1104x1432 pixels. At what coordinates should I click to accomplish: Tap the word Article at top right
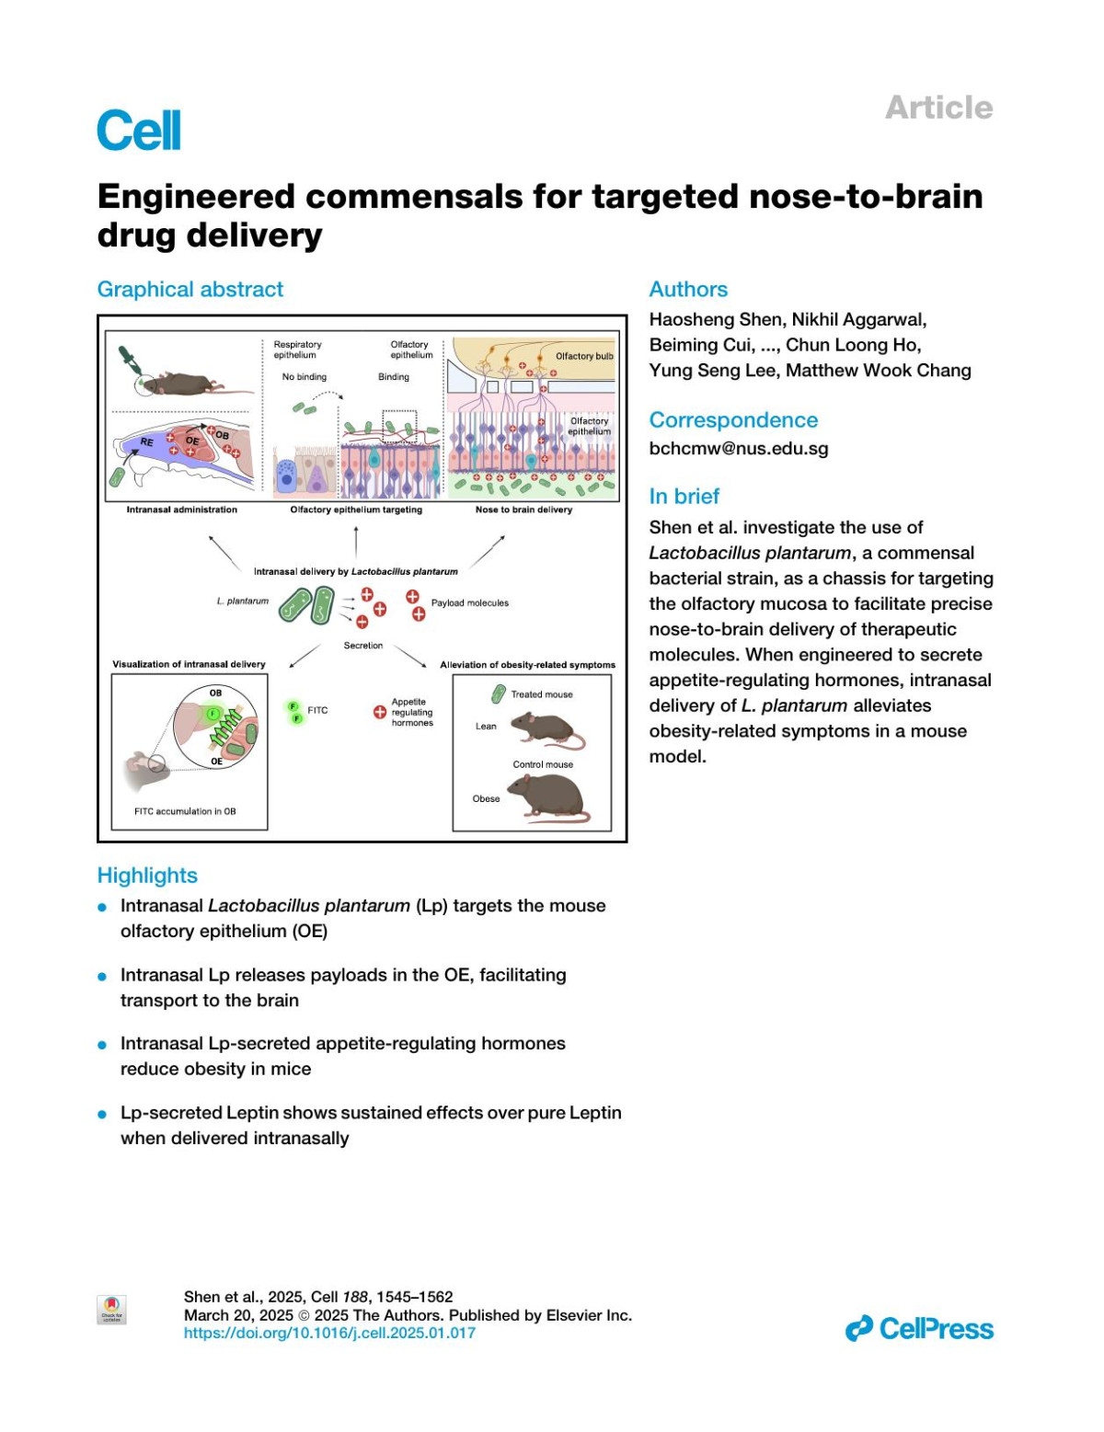tap(938, 108)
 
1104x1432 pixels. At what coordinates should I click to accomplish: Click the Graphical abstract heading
tap(190, 290)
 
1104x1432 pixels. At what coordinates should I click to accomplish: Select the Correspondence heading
tap(733, 420)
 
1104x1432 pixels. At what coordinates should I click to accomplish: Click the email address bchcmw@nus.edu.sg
tap(739, 449)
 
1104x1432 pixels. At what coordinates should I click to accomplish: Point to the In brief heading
tap(684, 497)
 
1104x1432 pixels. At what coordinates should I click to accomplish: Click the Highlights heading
tap(147, 876)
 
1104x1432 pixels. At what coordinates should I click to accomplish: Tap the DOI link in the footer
tap(329, 1333)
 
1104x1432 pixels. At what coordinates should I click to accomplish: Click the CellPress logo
tap(919, 1329)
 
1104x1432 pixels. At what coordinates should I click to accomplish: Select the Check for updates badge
tap(111, 1310)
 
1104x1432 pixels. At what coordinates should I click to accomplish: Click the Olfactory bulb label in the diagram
tap(584, 357)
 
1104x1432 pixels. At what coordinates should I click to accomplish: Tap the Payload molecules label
tap(469, 603)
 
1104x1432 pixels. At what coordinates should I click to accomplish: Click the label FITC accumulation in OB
tap(185, 811)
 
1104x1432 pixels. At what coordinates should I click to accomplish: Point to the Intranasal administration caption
tap(181, 510)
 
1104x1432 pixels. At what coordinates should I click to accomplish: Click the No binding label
tap(304, 377)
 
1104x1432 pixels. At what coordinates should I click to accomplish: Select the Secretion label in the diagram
tap(362, 646)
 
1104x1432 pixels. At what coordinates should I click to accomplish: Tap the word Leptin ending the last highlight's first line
tap(595, 1113)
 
